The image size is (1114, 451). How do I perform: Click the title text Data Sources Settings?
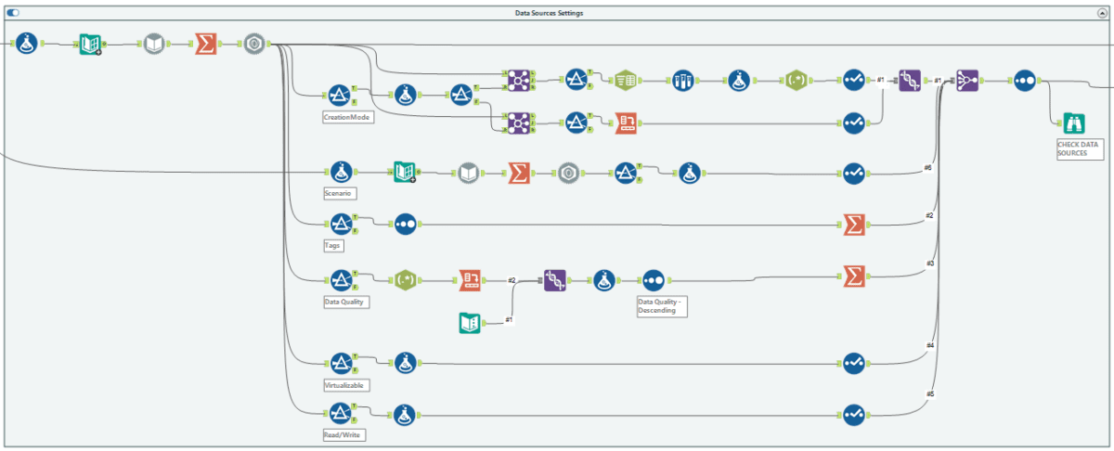[550, 13]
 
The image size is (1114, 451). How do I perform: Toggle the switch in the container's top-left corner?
[13, 13]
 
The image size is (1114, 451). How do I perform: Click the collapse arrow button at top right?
[1102, 13]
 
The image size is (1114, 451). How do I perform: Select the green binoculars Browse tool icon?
[1073, 123]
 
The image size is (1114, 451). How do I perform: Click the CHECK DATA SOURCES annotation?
[1078, 148]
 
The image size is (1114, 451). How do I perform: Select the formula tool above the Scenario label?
[340, 172]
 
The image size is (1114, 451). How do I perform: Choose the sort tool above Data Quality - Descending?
[653, 279]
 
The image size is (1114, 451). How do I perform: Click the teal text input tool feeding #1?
[471, 322]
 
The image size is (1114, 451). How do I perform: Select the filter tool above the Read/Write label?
[339, 415]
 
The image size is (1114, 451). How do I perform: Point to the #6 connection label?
[926, 167]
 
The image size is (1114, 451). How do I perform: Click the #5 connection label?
[929, 393]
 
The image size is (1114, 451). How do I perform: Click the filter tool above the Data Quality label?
[339, 279]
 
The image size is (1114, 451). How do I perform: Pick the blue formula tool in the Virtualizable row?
[404, 363]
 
